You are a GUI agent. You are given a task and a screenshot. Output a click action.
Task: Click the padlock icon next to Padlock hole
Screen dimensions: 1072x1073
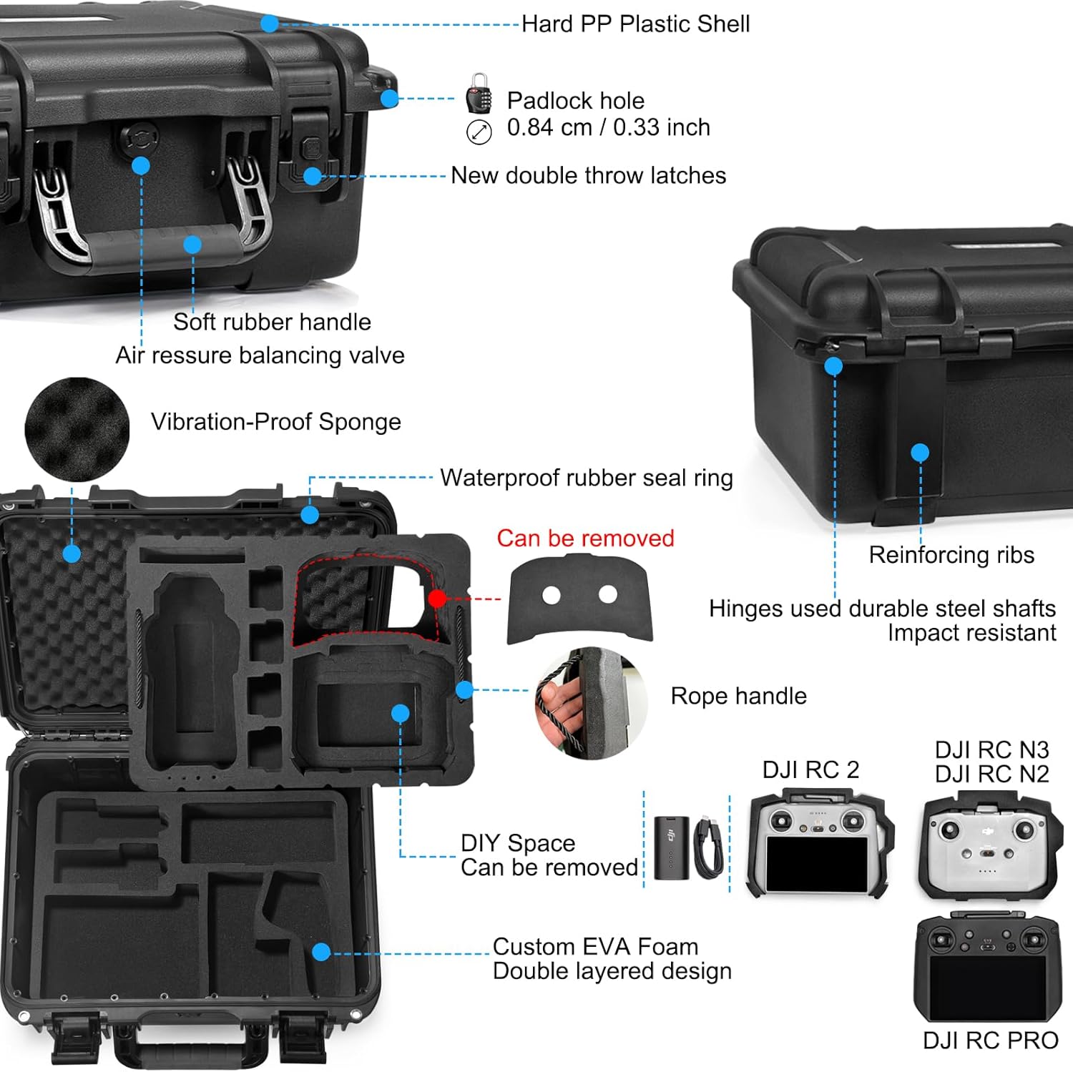click(479, 93)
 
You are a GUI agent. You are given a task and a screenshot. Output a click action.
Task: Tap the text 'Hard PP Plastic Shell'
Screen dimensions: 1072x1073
click(635, 24)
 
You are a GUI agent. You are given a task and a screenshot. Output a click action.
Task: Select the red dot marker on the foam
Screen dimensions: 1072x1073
click(437, 598)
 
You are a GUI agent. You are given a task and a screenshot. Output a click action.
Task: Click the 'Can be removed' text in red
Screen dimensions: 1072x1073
click(585, 538)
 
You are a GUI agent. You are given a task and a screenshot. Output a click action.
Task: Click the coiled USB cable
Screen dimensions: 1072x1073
click(708, 847)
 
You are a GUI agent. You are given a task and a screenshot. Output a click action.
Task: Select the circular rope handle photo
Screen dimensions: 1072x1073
click(591, 704)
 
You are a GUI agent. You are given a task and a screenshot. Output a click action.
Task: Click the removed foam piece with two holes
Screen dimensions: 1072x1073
click(579, 599)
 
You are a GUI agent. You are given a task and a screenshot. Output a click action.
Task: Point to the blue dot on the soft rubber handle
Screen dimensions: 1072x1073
click(192, 245)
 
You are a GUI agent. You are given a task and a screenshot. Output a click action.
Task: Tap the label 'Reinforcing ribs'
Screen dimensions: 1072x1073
click(951, 555)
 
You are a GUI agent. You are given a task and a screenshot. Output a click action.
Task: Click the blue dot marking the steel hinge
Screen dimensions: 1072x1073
click(833, 366)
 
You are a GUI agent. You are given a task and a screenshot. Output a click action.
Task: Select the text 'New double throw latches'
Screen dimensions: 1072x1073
click(588, 175)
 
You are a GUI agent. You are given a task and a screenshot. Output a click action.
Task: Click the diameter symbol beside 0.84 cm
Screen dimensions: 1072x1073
click(479, 132)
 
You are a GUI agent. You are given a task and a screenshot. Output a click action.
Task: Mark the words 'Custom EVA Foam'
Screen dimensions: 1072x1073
click(595, 946)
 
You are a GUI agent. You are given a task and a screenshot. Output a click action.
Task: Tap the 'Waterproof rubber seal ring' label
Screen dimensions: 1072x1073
click(586, 478)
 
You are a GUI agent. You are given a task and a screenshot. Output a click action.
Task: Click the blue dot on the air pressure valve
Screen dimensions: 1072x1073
click(141, 166)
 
